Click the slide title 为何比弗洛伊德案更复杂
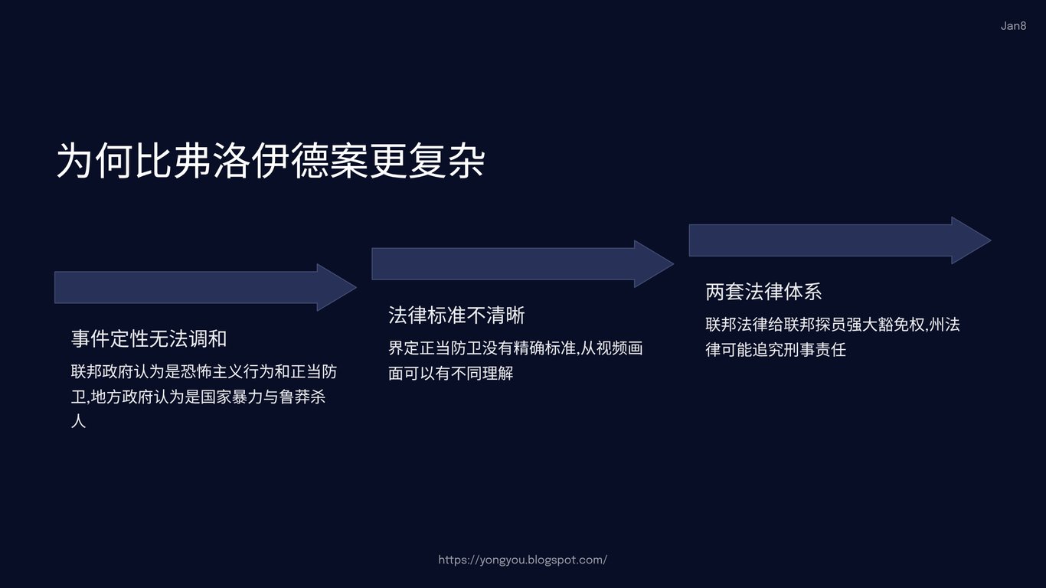270,160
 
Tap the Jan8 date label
1013,26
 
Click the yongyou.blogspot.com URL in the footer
522,560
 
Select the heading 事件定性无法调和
149,338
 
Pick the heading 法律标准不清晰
456,315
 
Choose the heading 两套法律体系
763,292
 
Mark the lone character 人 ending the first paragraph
78,421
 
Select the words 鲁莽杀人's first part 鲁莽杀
301,397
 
